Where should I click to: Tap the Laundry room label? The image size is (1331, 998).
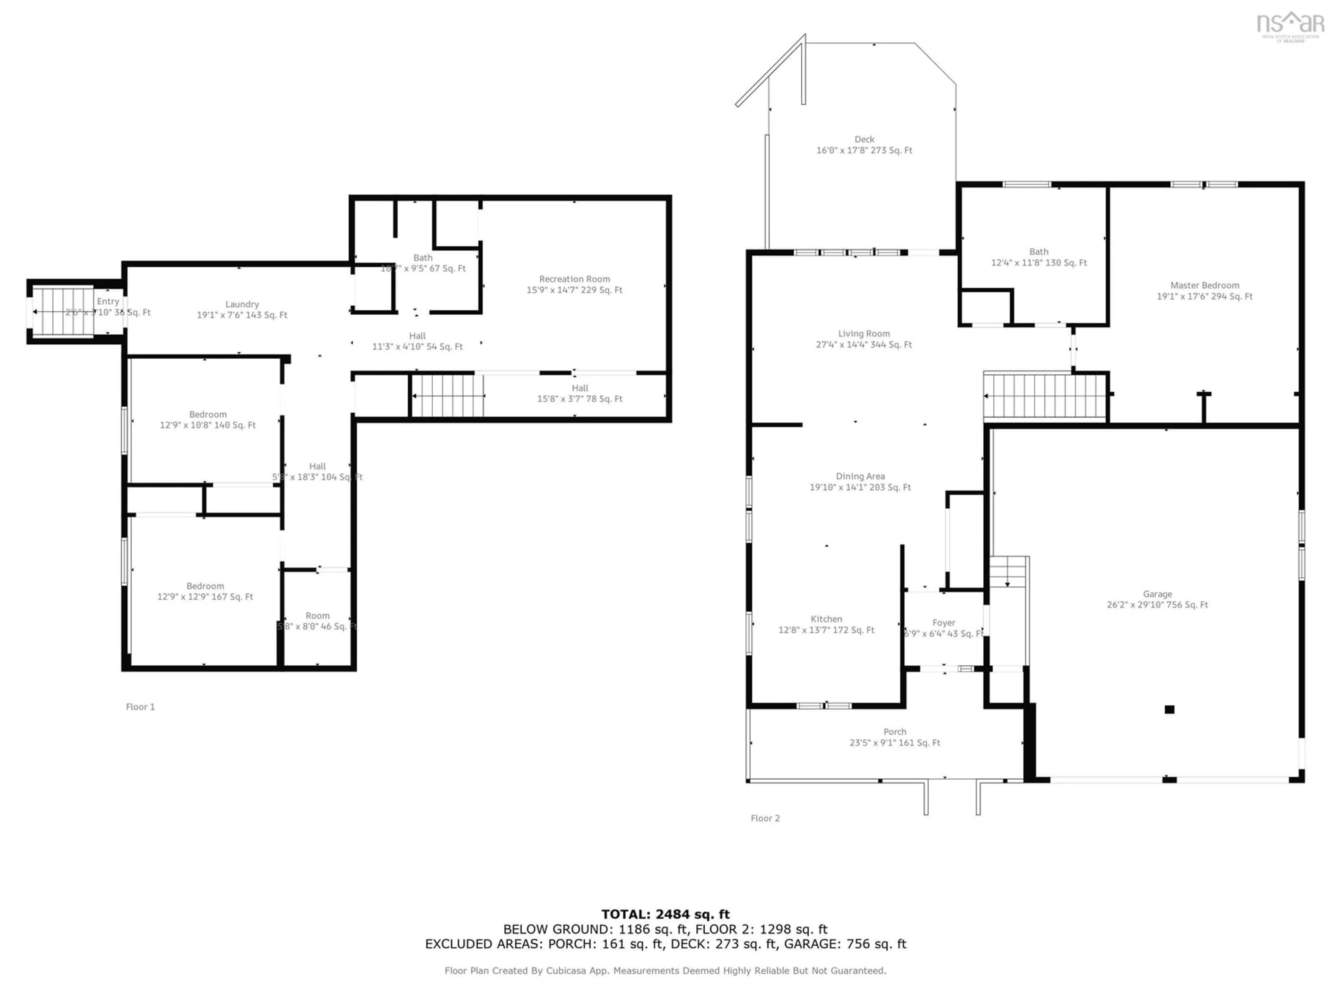(x=242, y=304)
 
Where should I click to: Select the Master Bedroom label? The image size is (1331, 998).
(x=1204, y=285)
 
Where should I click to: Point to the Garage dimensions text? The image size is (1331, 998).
(x=1157, y=605)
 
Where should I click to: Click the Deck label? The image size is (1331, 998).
(x=864, y=139)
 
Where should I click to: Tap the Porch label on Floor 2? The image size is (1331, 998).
(x=894, y=732)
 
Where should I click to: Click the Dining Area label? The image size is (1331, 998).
(x=860, y=476)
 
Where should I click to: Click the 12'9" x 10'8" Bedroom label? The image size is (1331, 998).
(x=208, y=414)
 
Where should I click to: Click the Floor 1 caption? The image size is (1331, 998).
(x=140, y=707)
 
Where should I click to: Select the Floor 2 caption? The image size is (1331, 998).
(x=765, y=818)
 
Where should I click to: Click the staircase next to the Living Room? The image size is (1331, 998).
(x=1044, y=395)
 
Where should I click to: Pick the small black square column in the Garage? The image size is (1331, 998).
(x=1169, y=709)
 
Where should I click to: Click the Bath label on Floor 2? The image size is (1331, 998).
(x=1038, y=252)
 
